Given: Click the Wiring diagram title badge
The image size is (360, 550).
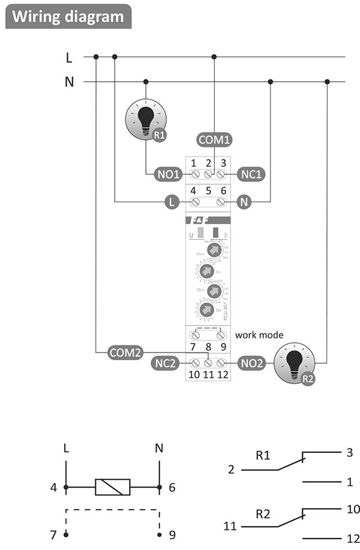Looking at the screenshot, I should point(68,16).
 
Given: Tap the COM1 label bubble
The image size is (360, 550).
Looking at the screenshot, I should point(214,141).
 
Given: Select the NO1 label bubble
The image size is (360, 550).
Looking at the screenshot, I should point(169,174).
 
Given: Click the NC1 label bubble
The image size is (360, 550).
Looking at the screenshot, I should point(251,174).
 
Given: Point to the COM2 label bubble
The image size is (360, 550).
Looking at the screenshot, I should point(125,352).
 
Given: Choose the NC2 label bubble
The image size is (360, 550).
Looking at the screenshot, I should point(166,363).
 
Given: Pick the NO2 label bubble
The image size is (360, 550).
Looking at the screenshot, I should point(252,363).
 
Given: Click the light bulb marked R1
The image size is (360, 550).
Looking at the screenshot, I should point(146,118).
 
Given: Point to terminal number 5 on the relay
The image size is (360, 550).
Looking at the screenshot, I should point(208,191).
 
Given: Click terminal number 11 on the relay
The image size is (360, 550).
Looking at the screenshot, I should point(208,375).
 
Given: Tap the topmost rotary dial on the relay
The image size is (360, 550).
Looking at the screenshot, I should point(213,250).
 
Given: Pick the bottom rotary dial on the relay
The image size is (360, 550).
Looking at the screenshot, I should point(206,310).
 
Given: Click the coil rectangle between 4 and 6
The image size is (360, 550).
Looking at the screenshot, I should point(112,487).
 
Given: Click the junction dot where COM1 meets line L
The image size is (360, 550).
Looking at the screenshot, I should point(214,57).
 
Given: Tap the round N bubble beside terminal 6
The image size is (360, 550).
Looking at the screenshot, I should point(244,202).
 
